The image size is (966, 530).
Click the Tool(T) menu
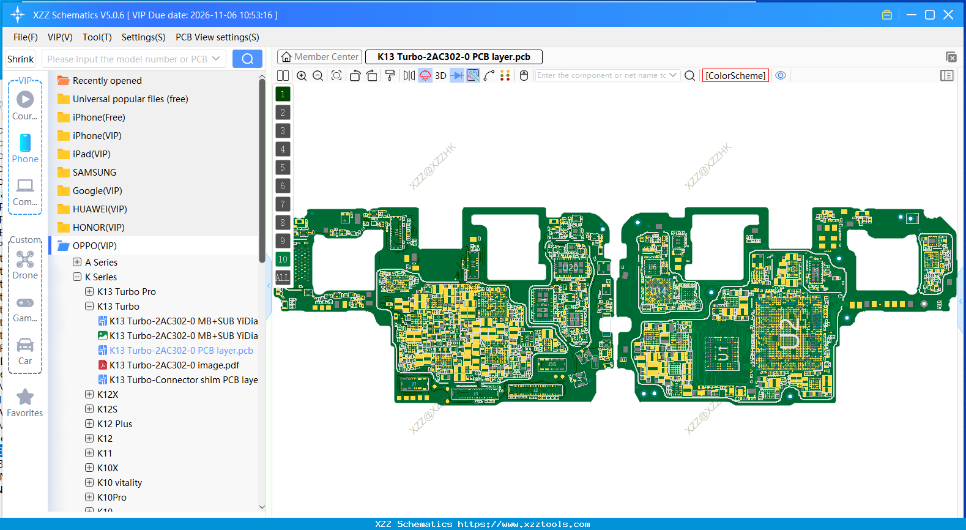pyautogui.click(x=97, y=37)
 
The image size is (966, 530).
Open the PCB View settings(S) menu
pyautogui.click(x=217, y=37)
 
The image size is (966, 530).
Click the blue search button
pyautogui.click(x=247, y=59)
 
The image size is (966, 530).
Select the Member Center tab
pyautogui.click(x=319, y=57)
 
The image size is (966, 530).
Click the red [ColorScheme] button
pyautogui.click(x=735, y=75)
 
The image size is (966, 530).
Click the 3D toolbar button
pyautogui.click(x=440, y=76)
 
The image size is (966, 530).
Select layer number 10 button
pyautogui.click(x=283, y=259)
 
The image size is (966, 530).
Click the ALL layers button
pyautogui.click(x=283, y=278)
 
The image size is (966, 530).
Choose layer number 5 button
pyautogui.click(x=283, y=168)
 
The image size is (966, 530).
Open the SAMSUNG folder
pyautogui.click(x=94, y=173)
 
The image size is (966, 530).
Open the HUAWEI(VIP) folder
pyautogui.click(x=100, y=209)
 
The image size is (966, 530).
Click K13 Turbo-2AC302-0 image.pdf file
pyautogui.click(x=174, y=365)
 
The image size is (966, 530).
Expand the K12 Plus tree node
pyautogui.click(x=89, y=424)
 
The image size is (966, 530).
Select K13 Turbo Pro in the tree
pyautogui.click(x=127, y=292)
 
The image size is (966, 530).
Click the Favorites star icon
pyautogui.click(x=25, y=398)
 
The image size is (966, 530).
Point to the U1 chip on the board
pyautogui.click(x=723, y=354)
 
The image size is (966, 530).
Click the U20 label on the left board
pyautogui.click(x=570, y=268)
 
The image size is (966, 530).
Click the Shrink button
pyautogui.click(x=20, y=59)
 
